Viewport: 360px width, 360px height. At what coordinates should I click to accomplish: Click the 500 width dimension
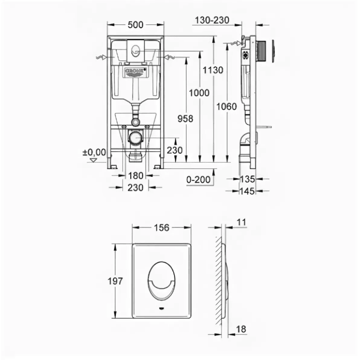(135, 25)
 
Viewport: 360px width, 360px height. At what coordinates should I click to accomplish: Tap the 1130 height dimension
(213, 70)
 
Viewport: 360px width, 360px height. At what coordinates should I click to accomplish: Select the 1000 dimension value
(199, 93)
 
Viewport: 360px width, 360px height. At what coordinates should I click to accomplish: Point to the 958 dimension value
(185, 119)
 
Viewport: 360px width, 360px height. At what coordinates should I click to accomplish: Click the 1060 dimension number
(226, 107)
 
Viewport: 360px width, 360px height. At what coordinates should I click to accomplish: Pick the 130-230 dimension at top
(212, 21)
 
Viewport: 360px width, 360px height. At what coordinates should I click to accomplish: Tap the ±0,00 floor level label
(94, 152)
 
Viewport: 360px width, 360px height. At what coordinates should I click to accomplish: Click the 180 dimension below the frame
(135, 176)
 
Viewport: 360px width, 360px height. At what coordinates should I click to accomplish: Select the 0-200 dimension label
(198, 180)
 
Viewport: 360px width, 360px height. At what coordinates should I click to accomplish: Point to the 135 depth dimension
(247, 179)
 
